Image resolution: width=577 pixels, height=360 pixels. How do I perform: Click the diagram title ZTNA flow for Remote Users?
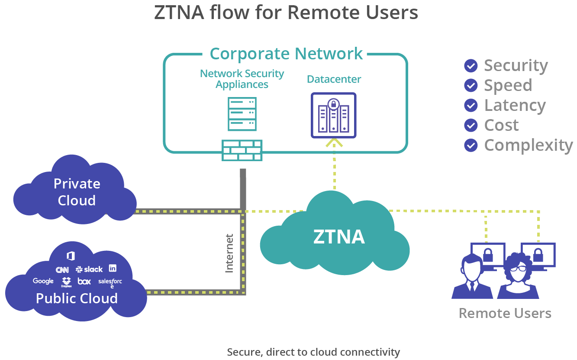(x=286, y=13)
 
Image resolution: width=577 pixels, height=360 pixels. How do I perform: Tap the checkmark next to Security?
(x=471, y=66)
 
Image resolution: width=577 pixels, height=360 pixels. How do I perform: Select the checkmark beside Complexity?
(x=471, y=145)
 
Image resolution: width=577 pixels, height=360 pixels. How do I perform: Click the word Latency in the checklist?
(x=515, y=105)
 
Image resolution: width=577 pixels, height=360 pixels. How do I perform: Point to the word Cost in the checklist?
(x=501, y=125)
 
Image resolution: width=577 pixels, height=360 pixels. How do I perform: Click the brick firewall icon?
(x=242, y=150)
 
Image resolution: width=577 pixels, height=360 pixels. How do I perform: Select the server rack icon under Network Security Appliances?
(x=242, y=114)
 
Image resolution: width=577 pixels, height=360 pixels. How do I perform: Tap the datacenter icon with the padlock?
(x=333, y=115)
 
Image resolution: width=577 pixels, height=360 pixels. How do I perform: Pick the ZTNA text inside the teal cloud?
(x=338, y=237)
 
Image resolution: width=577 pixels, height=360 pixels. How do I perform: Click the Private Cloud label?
(x=77, y=192)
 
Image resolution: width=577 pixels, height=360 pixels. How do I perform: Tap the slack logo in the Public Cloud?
(x=89, y=269)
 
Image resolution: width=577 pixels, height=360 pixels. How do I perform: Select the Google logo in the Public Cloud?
(x=43, y=281)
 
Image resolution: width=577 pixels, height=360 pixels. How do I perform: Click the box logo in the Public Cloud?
(x=84, y=282)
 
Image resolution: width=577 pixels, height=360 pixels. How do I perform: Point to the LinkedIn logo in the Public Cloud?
(x=113, y=268)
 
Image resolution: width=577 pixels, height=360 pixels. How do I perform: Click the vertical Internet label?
(x=229, y=253)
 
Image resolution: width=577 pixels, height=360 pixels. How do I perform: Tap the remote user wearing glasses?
(x=518, y=277)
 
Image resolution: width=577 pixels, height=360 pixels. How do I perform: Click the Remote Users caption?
(x=505, y=313)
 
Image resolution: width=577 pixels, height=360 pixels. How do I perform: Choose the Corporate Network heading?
(x=286, y=54)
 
